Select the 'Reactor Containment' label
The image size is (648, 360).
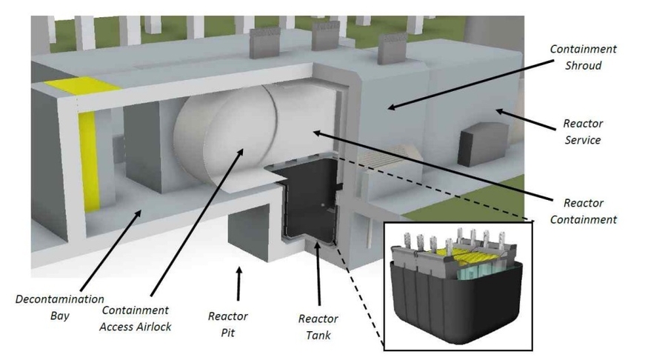(x=589, y=211)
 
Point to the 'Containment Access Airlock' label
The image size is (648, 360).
(x=135, y=319)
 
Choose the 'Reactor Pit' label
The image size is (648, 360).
(x=227, y=324)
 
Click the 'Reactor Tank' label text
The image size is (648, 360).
(x=318, y=327)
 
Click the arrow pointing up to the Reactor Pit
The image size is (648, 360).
(x=238, y=282)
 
